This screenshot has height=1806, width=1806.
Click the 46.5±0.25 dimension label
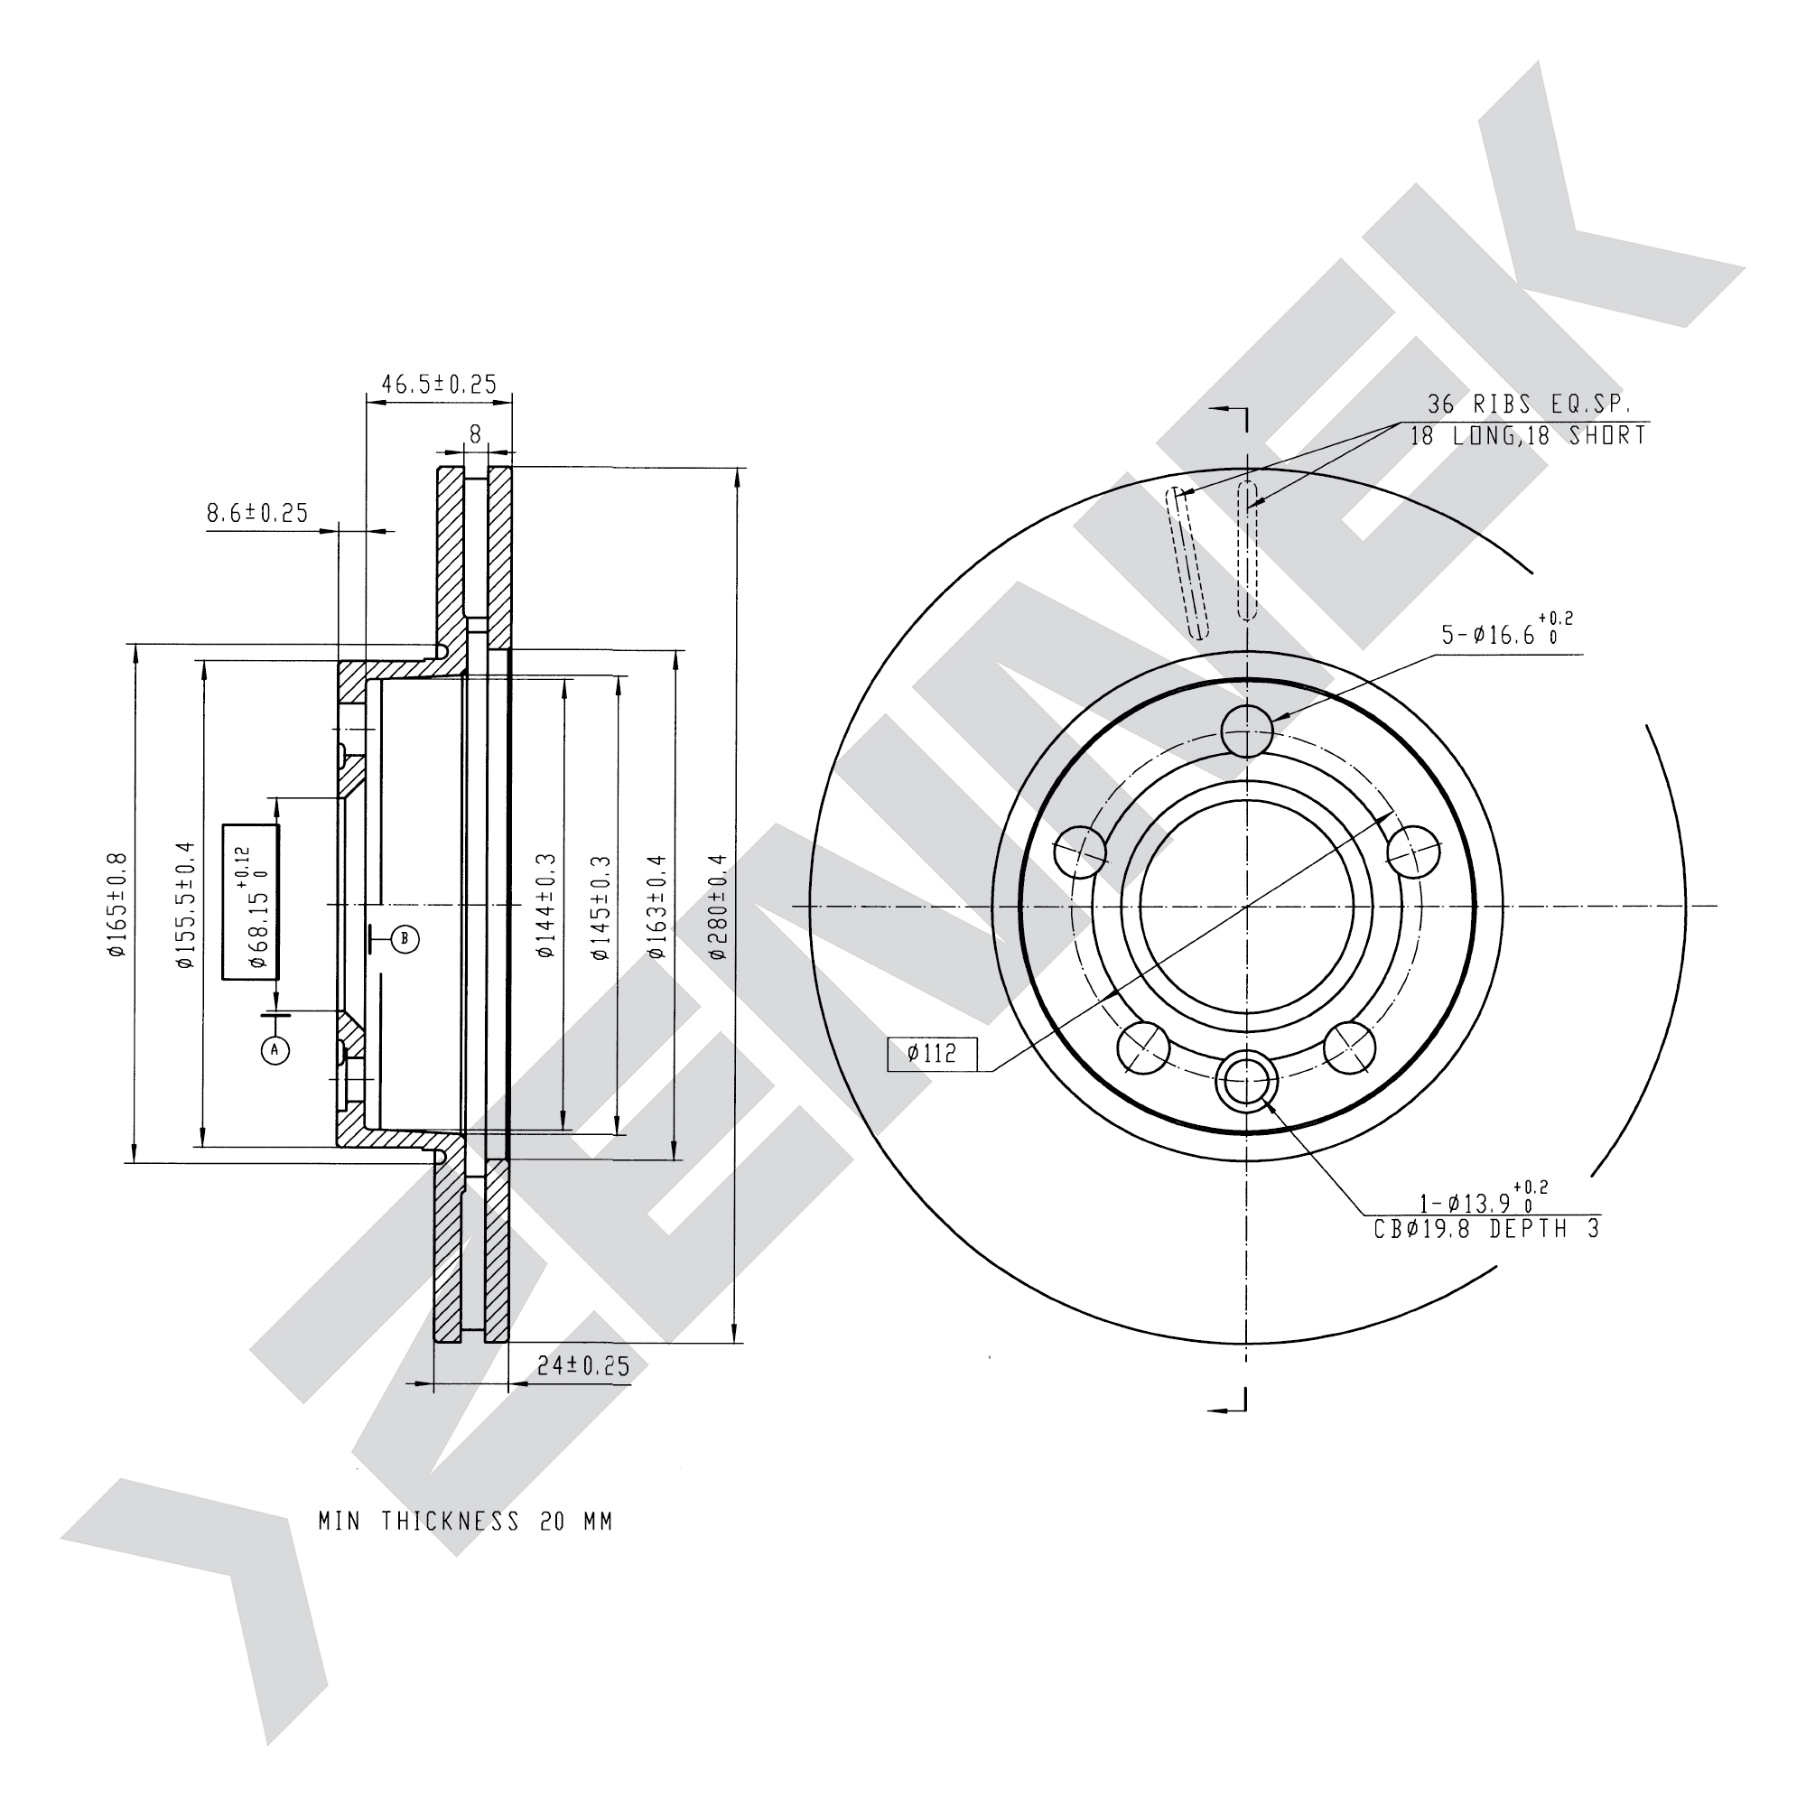[x=439, y=384]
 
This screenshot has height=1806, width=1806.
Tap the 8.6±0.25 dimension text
[x=257, y=513]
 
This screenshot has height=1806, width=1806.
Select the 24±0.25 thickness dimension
[x=584, y=1365]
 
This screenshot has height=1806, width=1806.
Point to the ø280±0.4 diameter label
[x=718, y=905]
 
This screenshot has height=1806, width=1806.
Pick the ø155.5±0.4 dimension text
[x=185, y=905]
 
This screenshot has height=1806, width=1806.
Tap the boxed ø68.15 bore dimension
[x=251, y=903]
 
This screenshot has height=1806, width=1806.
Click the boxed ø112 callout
[x=932, y=1055]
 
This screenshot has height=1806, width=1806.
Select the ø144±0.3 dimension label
[x=546, y=905]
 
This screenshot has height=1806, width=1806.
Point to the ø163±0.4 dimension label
[x=657, y=905]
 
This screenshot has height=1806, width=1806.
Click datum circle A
[x=275, y=1050]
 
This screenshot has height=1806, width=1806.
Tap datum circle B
[x=405, y=938]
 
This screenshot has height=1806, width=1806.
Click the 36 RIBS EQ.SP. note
[x=1529, y=405]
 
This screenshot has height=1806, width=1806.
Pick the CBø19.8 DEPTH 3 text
[x=1486, y=1228]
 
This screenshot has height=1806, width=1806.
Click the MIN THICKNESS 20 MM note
[x=466, y=1522]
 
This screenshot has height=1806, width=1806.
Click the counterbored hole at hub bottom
[x=1247, y=1080]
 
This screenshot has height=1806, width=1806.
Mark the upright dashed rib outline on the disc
[x=1247, y=551]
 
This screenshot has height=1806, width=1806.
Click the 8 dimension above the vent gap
[x=475, y=434]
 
